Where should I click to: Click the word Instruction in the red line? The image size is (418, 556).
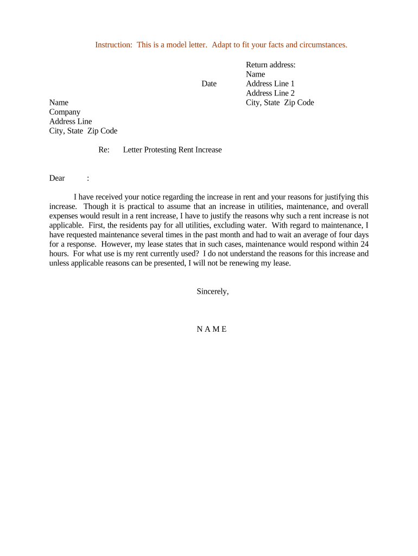point(113,45)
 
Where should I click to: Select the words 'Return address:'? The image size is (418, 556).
point(270,65)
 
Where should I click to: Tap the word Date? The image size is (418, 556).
point(209,84)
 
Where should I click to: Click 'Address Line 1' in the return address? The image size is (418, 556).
point(270,84)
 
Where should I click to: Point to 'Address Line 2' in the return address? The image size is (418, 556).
point(270,93)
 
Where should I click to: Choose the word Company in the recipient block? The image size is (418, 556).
point(65,112)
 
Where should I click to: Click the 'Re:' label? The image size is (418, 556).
point(104,150)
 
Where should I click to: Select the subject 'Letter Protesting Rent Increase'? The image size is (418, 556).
point(172,150)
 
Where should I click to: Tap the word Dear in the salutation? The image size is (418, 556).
point(57,178)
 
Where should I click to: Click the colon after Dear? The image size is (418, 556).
point(88,178)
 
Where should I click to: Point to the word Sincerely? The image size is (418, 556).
point(212,292)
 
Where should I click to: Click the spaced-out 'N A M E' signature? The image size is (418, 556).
point(212,329)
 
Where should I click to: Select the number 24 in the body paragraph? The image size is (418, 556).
point(364,244)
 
